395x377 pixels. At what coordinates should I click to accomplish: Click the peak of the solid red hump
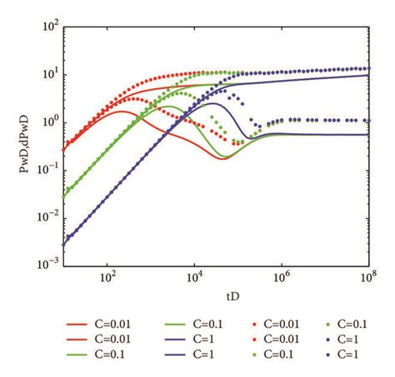pos(123,111)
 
